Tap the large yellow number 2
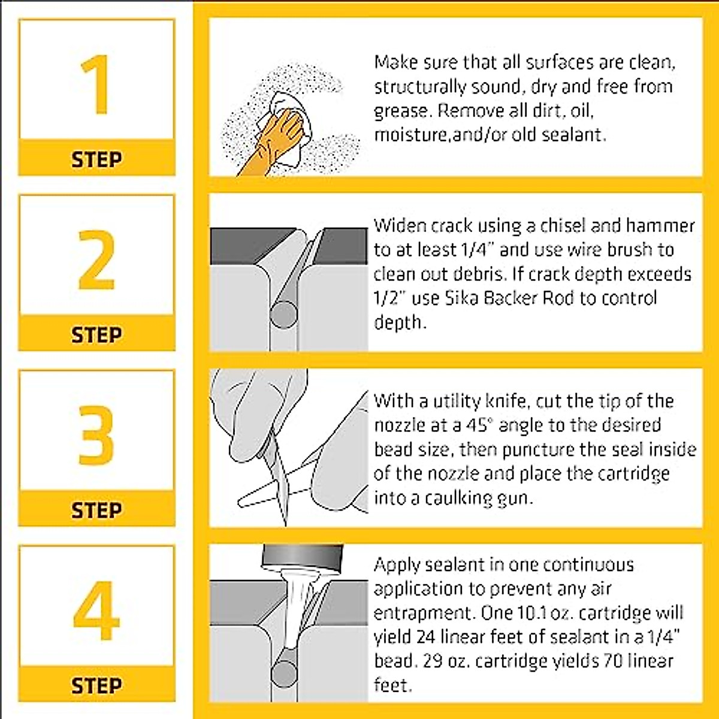point(96,259)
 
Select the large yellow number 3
point(96,435)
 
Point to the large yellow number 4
point(96,611)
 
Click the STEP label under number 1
point(96,159)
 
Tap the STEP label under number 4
point(96,685)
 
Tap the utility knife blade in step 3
point(282,473)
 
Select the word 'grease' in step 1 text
point(401,111)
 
